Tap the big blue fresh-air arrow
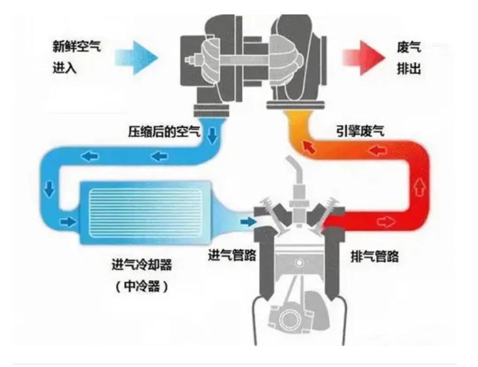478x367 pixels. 137,56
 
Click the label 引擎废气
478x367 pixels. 357,132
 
